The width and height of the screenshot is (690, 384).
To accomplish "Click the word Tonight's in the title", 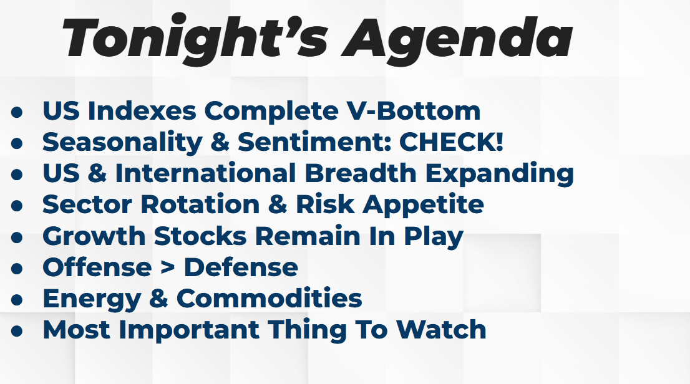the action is click(195, 37).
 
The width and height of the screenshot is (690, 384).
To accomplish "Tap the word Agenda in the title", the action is click(457, 40).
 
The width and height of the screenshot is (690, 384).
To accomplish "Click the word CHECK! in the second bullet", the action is click(451, 142).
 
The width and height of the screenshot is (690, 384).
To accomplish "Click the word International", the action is click(205, 173).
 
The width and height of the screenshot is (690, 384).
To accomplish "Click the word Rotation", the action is click(200, 204).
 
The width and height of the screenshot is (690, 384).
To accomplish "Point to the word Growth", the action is click(94, 236).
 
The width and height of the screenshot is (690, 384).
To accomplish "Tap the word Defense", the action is click(241, 267).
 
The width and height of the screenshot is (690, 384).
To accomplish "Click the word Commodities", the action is click(270, 298).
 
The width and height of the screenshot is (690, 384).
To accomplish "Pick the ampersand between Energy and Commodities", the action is click(158, 299).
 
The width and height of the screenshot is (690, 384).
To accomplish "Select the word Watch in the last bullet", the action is click(441, 330).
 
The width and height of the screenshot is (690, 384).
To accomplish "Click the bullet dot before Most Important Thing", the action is click(17, 331).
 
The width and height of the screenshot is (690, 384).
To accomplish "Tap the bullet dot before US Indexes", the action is click(17, 112).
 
